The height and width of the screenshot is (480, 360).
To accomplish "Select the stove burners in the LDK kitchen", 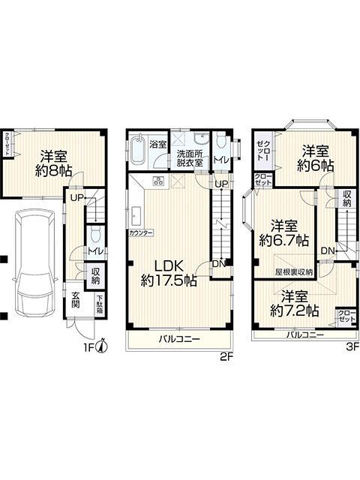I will click(159, 181).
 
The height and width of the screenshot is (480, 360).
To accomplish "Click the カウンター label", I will click(141, 233).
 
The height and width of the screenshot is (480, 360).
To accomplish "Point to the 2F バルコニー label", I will click(179, 340).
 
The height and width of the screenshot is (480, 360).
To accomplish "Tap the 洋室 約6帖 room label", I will click(316, 157).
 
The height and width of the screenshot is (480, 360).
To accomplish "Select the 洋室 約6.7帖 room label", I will click(283, 233).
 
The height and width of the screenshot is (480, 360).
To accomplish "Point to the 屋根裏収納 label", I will click(294, 272).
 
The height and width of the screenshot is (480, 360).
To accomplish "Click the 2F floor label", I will click(223, 357).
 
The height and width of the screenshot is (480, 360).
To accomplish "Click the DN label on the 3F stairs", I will click(327, 250).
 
